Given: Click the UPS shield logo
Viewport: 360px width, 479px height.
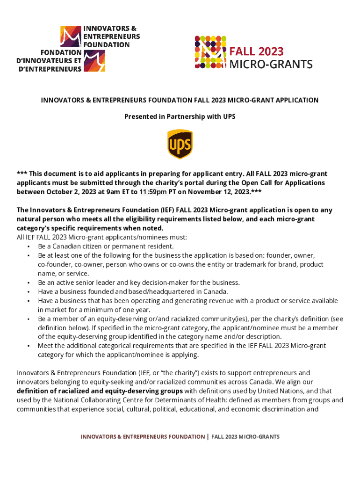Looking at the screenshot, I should pos(180,144).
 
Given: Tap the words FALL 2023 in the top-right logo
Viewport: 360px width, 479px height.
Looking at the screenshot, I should pos(256,51).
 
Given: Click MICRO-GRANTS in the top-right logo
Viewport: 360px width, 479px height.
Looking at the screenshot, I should pos(271,64).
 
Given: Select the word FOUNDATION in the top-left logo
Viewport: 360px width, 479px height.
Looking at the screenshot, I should pos(107,44).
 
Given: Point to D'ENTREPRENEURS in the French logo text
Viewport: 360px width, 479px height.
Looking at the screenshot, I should pos(49,69).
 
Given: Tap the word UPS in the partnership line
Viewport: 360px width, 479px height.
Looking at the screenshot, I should pos(229,116).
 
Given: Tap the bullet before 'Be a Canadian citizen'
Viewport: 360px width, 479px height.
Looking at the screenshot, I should pos(29,247).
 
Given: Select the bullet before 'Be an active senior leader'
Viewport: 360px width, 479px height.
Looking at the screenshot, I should pos(29,283).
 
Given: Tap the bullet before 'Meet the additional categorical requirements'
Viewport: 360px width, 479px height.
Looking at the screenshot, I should pos(29,346).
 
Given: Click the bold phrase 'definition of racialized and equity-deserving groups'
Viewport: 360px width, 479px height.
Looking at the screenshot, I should pos(100,391).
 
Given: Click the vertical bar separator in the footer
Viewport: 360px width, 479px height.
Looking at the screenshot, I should pos(208,436).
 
